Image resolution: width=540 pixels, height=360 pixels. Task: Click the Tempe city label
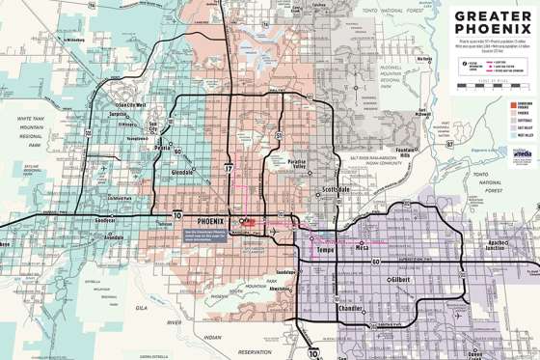(317, 250)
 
